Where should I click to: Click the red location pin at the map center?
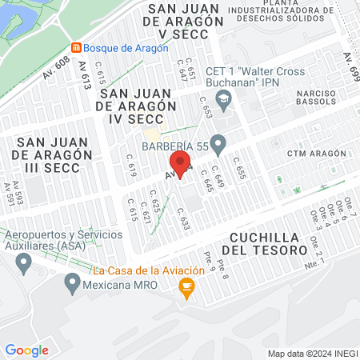point(182,166)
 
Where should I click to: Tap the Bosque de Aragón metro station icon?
point(76,48)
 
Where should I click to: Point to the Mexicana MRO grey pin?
point(74,282)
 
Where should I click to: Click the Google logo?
point(27,350)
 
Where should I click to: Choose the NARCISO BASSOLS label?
point(320,96)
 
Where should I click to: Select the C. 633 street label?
point(183,219)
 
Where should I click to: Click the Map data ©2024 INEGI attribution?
point(312,354)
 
